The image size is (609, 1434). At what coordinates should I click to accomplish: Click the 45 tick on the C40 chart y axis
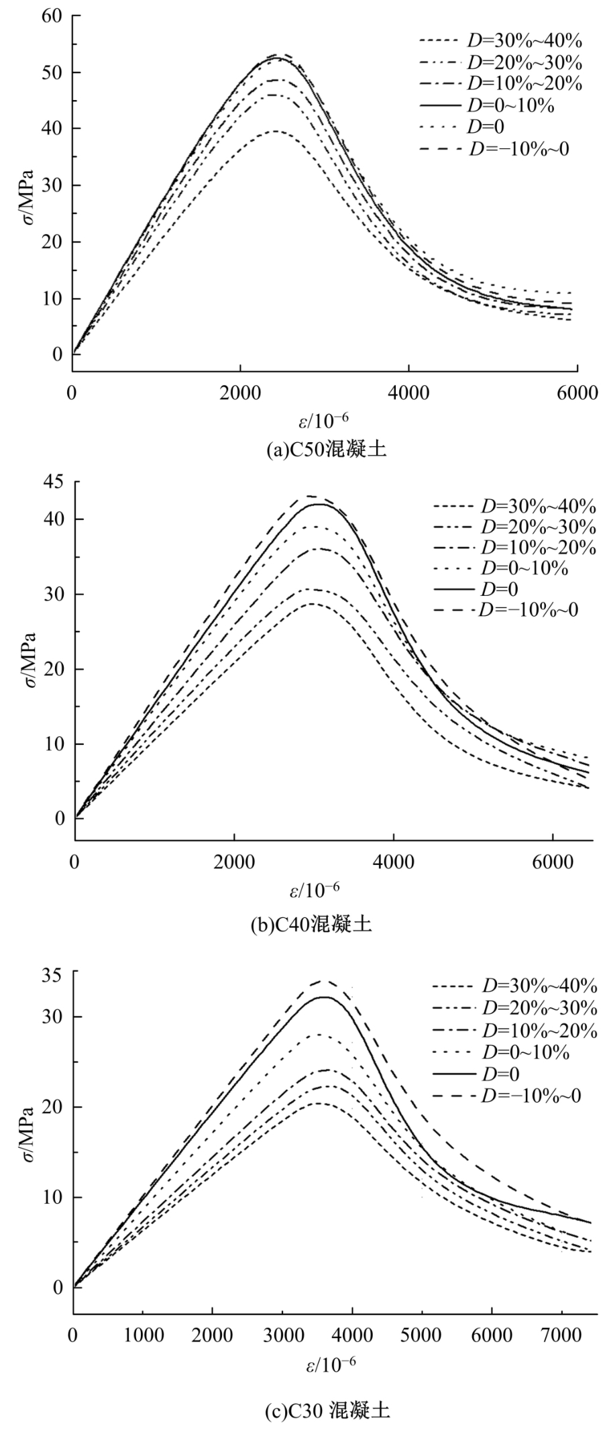(54, 481)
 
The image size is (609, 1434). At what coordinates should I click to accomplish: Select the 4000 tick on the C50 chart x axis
(408, 393)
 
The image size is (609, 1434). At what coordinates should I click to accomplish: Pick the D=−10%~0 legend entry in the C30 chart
(507, 1096)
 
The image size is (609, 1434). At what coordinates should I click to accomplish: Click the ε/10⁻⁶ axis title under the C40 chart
(315, 890)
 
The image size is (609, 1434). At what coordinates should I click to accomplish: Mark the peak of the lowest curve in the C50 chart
(275, 131)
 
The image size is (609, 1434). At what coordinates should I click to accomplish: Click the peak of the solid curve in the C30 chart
(324, 997)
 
